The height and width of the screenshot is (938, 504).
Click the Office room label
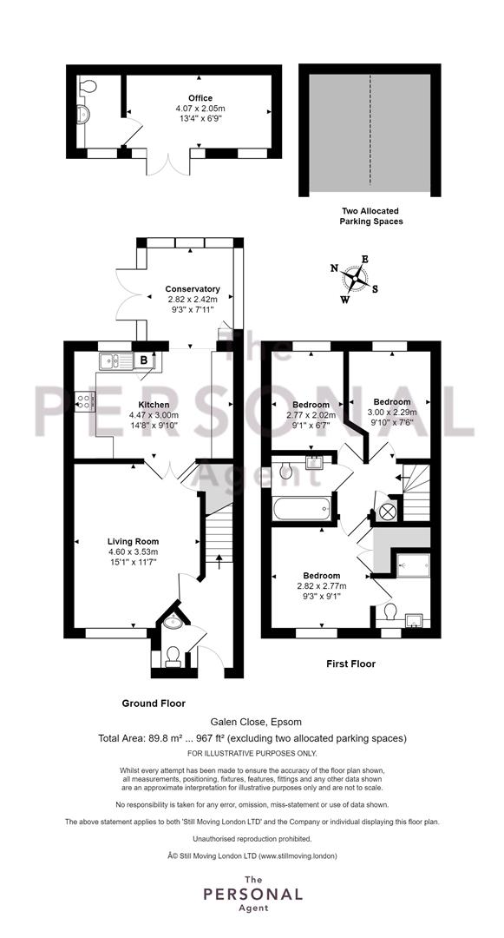point(200,98)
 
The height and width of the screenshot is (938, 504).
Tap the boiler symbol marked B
point(144,360)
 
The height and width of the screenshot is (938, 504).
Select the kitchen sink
point(116,360)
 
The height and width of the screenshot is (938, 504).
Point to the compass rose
point(355,278)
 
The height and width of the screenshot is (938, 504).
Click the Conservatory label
point(193,289)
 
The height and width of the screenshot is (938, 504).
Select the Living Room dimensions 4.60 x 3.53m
point(133,552)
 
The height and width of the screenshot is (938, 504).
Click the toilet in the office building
point(88,86)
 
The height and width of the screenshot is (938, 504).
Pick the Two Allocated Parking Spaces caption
point(370,216)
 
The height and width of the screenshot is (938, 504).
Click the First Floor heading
point(350,664)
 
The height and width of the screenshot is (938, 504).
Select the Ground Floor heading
point(154,703)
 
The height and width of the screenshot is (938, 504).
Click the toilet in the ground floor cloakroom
point(173,657)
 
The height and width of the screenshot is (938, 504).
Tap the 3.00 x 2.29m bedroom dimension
point(392,413)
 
